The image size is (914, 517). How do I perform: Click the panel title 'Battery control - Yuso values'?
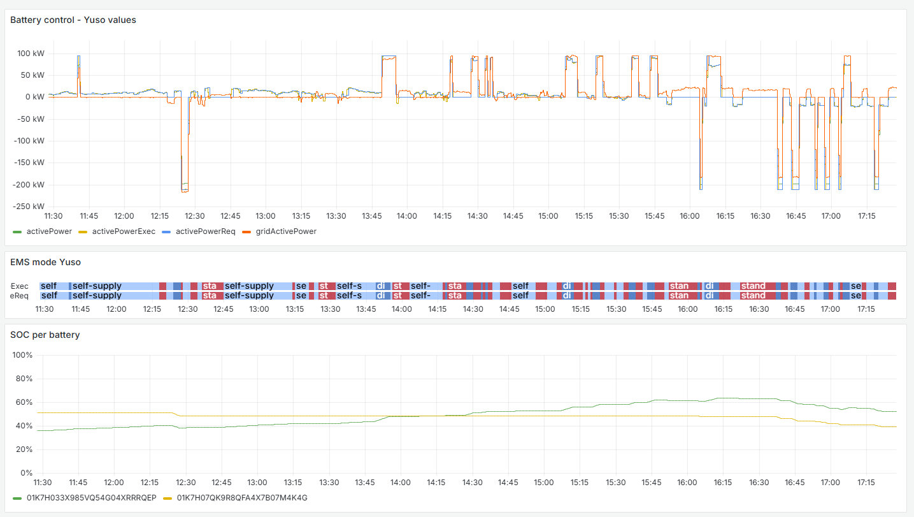(73, 20)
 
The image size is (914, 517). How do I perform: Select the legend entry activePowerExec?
(124, 231)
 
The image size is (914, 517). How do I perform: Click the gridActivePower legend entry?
(285, 231)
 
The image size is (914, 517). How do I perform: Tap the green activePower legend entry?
(49, 231)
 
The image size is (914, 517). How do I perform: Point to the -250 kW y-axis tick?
(29, 207)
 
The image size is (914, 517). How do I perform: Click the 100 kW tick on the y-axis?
(31, 54)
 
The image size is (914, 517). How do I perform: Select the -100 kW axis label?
(29, 141)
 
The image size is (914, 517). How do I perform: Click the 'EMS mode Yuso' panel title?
(45, 262)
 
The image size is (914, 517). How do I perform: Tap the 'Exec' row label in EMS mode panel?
(19, 286)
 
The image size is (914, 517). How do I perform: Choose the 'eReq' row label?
(19, 296)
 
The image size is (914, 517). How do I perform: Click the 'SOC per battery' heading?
(45, 335)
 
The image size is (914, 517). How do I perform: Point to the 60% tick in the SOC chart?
(23, 402)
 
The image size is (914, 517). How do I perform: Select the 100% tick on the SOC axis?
(22, 355)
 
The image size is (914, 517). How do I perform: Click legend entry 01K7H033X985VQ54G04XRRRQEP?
(91, 498)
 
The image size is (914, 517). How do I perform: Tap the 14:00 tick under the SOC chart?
(401, 483)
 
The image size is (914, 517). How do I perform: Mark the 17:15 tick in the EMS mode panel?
(866, 309)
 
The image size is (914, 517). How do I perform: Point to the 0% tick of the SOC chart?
(25, 473)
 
